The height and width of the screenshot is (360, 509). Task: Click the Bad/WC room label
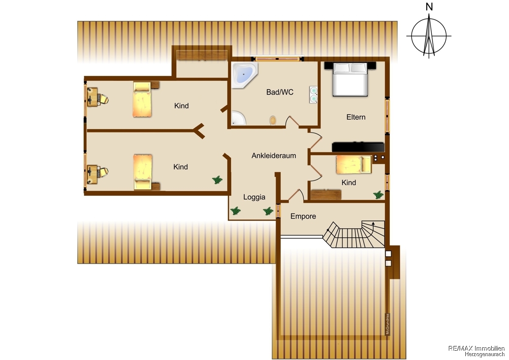pyautogui.click(x=280, y=92)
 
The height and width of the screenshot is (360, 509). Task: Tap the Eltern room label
pyautogui.click(x=356, y=117)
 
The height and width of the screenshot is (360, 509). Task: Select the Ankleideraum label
pyautogui.click(x=274, y=155)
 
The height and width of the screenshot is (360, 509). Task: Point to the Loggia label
pyautogui.click(x=254, y=197)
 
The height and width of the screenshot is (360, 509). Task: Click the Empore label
pyautogui.click(x=303, y=216)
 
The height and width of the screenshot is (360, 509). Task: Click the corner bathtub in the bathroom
pyautogui.click(x=244, y=75)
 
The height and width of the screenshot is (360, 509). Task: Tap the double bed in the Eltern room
pyautogui.click(x=350, y=79)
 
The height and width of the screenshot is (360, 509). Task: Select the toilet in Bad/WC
pyautogui.click(x=273, y=120)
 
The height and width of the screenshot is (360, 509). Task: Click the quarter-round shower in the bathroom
pyautogui.click(x=238, y=118)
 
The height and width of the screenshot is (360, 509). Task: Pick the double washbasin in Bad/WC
pyautogui.click(x=313, y=95)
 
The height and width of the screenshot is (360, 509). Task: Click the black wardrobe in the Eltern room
pyautogui.click(x=358, y=147)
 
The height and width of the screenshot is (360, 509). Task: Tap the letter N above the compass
pyautogui.click(x=429, y=7)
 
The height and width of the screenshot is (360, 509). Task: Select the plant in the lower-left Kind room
pyautogui.click(x=218, y=180)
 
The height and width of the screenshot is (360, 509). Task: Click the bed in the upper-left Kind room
pyautogui.click(x=142, y=99)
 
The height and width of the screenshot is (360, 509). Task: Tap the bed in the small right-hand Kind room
pyautogui.click(x=354, y=164)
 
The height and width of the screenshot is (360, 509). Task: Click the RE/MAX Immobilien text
pyautogui.click(x=476, y=348)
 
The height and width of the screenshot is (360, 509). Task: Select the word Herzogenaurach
pyautogui.click(x=484, y=354)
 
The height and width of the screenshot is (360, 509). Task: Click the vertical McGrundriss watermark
pyautogui.click(x=388, y=324)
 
